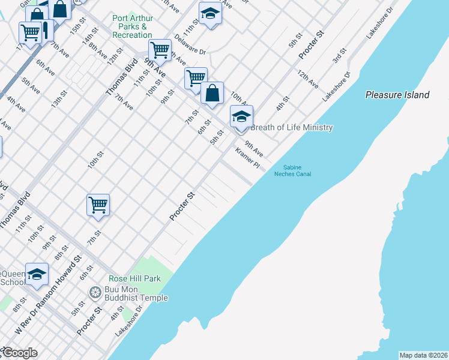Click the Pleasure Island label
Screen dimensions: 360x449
coord(397,95)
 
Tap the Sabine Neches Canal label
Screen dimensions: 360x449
coord(292,171)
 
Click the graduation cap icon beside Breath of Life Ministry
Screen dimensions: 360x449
coord(241,116)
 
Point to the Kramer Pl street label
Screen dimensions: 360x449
coord(247,157)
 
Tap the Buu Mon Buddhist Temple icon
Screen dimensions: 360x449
coord(95,293)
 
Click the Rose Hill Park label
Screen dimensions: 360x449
coord(134,279)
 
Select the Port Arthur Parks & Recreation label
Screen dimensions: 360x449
coord(132,26)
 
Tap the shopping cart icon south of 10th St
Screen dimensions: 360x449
coord(98,205)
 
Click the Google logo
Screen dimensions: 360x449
coord(19,352)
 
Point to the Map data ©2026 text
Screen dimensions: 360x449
coord(423,355)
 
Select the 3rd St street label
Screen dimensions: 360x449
coord(340,56)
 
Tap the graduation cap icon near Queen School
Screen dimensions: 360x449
coord(37,274)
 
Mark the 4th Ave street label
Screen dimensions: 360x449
coord(16,103)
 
